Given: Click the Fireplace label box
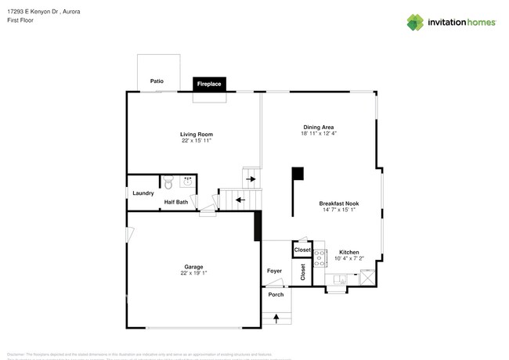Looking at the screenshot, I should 208,83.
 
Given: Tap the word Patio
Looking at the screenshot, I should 157,81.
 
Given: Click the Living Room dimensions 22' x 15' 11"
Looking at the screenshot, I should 197,141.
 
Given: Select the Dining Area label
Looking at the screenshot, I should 319,127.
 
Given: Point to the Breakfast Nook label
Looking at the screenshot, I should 339,203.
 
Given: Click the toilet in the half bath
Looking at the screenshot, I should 168,185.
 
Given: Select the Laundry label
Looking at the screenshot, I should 143,193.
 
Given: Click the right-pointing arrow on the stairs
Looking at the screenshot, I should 251,178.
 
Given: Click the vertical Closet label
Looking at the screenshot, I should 303,271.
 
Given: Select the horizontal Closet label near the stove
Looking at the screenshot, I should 302,250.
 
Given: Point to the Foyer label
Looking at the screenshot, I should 274,271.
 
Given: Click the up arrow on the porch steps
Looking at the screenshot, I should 276,318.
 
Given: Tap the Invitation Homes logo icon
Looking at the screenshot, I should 416,22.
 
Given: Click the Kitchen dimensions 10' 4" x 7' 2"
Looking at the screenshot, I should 349,258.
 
